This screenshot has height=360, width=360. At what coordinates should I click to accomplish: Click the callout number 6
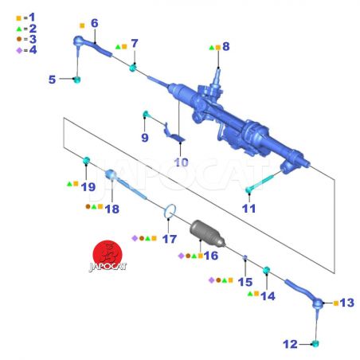(95, 23)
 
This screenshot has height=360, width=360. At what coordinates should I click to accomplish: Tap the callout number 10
(182, 162)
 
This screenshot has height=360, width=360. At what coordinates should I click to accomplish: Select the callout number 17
(170, 239)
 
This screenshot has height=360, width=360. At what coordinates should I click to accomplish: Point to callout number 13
(347, 303)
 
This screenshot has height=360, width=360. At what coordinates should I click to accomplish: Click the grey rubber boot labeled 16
(207, 233)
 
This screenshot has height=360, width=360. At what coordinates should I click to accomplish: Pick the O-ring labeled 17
(170, 211)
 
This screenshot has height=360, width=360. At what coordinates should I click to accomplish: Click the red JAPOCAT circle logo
(108, 255)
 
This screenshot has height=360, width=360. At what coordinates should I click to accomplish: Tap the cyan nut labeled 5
(76, 80)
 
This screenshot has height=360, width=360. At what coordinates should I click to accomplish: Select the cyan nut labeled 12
(315, 344)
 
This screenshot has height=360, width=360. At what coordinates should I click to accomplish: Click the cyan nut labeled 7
(133, 68)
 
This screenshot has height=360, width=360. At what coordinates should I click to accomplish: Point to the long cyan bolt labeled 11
(264, 181)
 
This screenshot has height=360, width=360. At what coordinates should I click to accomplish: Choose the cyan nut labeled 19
(87, 160)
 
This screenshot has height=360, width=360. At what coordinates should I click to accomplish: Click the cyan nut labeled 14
(267, 271)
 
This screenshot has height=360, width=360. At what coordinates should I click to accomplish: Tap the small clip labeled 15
(245, 257)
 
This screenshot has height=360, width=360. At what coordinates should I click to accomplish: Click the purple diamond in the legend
(19, 50)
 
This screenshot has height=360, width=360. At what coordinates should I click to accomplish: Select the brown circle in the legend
(19, 39)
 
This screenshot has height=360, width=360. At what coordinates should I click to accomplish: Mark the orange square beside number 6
(82, 25)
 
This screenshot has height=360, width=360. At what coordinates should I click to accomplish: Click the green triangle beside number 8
(212, 48)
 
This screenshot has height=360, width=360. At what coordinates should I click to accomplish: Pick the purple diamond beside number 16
(181, 256)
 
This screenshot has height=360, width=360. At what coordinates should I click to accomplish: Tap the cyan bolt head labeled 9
(146, 114)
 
